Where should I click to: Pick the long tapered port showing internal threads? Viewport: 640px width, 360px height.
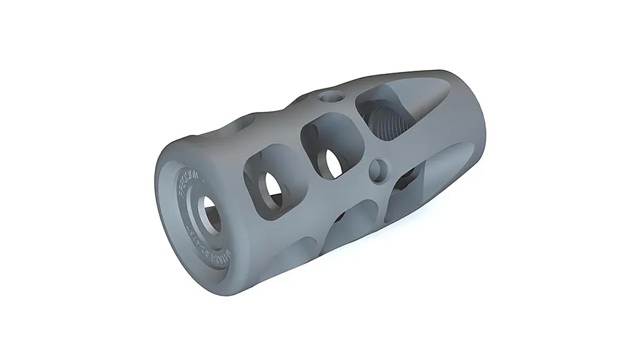pos(393,111)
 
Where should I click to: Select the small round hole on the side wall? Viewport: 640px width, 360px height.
pos(378,171)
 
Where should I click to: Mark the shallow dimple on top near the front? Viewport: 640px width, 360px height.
pos(245,122)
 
